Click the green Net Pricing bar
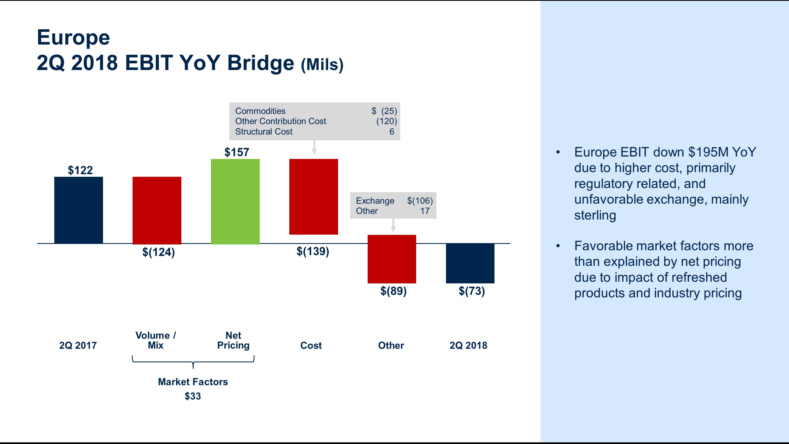(x=235, y=201)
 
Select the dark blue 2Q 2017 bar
(x=78, y=210)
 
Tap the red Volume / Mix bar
(x=157, y=210)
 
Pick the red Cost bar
(x=313, y=197)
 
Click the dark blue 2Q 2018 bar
(x=470, y=263)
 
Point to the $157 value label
(x=237, y=152)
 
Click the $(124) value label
(x=158, y=252)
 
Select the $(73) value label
(x=471, y=291)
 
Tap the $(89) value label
(x=393, y=291)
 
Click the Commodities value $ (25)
(x=384, y=111)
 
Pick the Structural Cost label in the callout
(x=264, y=132)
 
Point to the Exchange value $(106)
(x=420, y=201)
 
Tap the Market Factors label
(x=193, y=382)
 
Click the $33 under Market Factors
(x=193, y=396)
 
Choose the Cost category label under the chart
(x=311, y=345)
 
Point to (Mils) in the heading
(x=322, y=65)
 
